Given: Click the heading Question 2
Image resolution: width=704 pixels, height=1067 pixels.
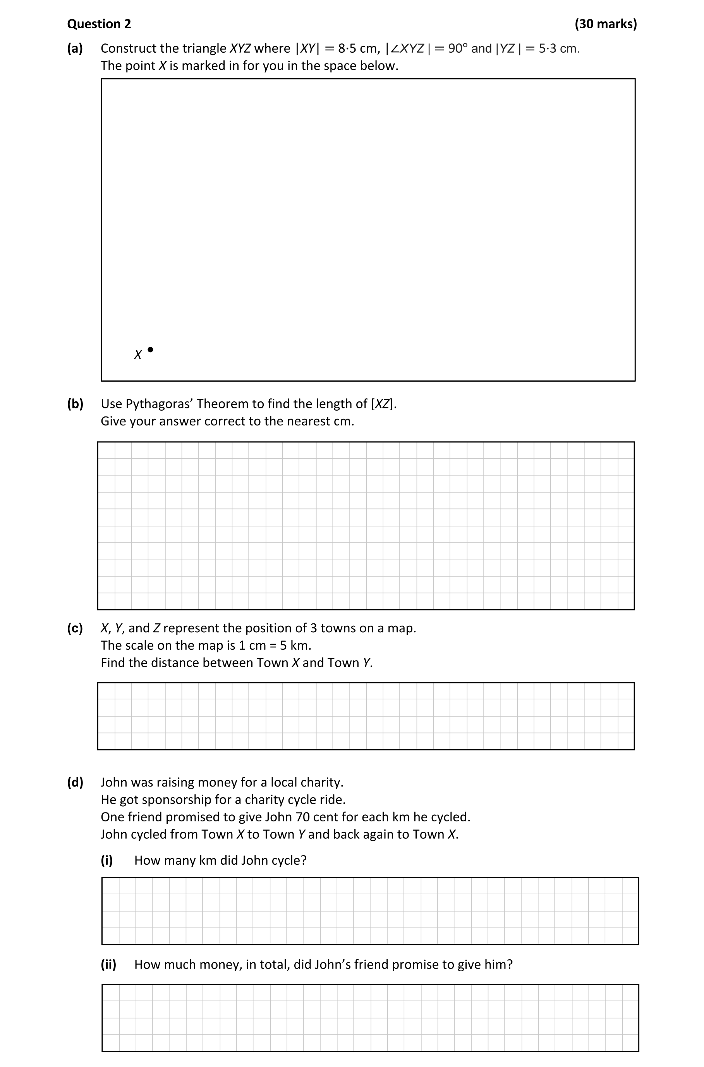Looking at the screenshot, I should [99, 24].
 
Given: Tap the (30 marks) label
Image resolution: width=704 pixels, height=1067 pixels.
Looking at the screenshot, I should [605, 24].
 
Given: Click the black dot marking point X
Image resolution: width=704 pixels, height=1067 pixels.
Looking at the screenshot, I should [150, 349].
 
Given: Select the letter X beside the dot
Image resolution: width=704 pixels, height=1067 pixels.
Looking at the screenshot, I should [138, 355].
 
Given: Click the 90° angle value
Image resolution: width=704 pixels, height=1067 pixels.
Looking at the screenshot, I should [457, 48].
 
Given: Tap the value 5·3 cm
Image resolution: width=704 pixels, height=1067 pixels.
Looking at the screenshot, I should [559, 48].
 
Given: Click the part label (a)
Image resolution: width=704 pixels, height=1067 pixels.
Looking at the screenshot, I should [75, 48].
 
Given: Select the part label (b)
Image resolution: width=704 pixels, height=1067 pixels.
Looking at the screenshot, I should [75, 404].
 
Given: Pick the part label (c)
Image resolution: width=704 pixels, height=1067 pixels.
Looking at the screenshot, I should [75, 628].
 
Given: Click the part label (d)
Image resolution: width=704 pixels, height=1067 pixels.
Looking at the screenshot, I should [75, 782].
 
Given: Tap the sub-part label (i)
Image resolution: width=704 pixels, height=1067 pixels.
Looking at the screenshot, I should [107, 860].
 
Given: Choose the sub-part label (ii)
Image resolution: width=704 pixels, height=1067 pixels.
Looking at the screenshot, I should [108, 964].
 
